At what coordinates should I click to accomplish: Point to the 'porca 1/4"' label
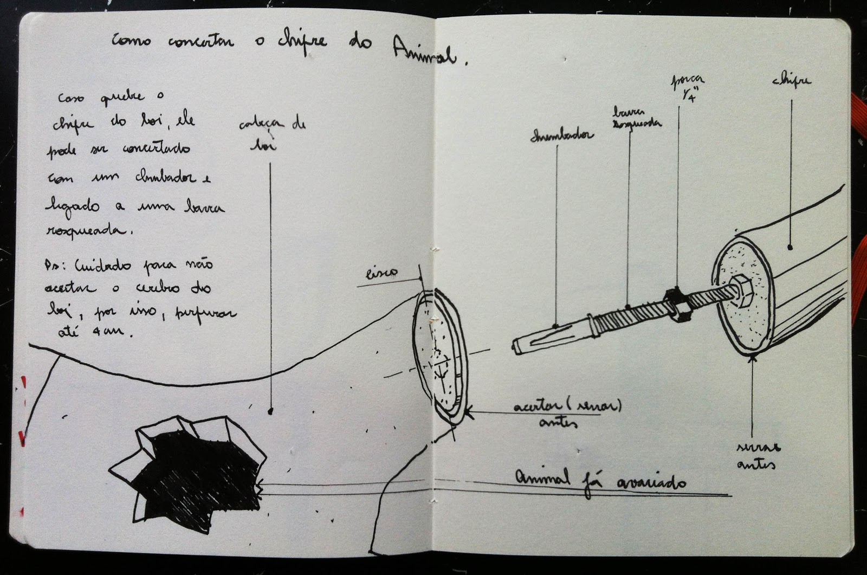click(x=687, y=89)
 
